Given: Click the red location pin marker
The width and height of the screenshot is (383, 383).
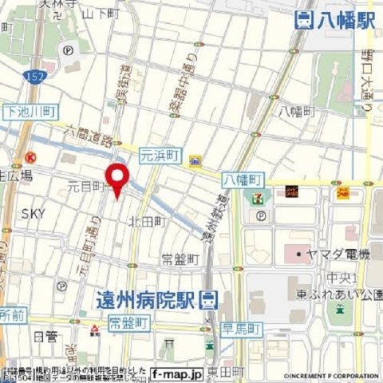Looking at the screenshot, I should click(x=117, y=179).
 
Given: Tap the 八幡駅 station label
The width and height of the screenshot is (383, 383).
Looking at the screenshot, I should click(x=345, y=22).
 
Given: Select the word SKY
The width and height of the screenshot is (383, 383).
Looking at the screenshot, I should click(x=34, y=213).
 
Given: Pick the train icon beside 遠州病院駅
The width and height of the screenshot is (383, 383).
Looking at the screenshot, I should click(x=209, y=300).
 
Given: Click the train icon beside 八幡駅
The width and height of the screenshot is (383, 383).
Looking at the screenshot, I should click(x=303, y=22).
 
